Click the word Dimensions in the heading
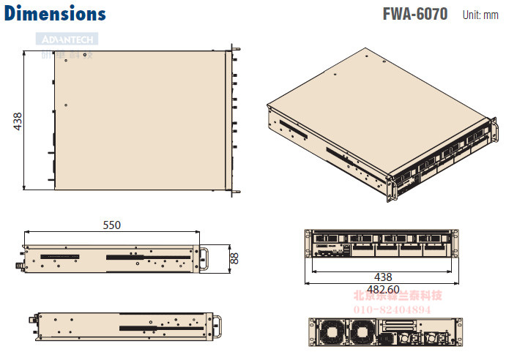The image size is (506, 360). [55, 13]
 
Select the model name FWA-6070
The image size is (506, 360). [414, 14]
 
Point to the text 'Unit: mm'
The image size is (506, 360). [480, 15]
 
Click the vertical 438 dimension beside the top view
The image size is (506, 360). [18, 121]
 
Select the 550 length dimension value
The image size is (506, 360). [111, 225]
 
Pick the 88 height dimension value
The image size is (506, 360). [234, 258]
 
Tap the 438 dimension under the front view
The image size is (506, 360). [382, 277]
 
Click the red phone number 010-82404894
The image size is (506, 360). [398, 309]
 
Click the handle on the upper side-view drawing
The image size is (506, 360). [207, 258]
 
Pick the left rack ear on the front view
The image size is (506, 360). [308, 244]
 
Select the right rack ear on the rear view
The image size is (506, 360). [458, 331]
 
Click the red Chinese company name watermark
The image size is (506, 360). [398, 296]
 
